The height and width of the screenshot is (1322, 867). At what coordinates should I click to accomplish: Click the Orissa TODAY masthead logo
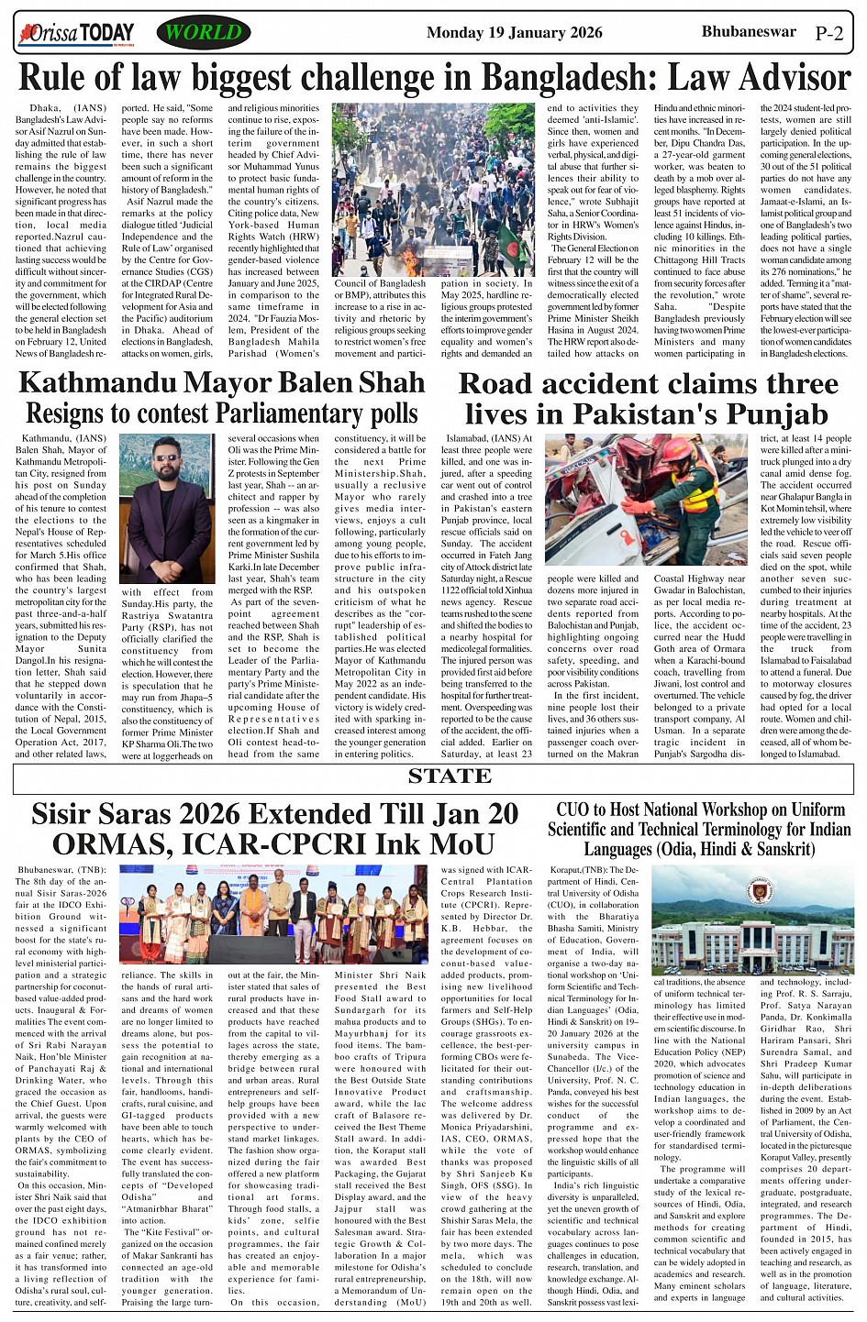pos(76,34)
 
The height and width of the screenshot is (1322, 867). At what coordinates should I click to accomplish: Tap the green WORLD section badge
pos(203,33)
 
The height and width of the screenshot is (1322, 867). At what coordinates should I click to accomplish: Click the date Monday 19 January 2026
pos(514,33)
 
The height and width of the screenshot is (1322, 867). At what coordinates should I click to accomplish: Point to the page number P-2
pos(828,34)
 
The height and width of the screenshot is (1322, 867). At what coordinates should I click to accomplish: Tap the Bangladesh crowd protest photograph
pos(433,190)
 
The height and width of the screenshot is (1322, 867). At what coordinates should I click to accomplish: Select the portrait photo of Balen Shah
pos(167,509)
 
